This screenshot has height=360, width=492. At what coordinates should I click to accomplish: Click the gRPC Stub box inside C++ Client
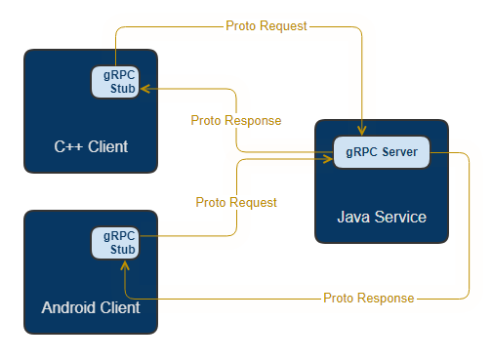(x=114, y=83)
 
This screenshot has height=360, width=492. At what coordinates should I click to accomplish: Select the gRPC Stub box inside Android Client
(x=114, y=243)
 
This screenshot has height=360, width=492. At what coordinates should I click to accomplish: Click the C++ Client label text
(x=91, y=147)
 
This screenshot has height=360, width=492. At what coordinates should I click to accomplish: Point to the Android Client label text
(x=91, y=307)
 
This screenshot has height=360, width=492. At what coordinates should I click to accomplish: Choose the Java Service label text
(x=382, y=217)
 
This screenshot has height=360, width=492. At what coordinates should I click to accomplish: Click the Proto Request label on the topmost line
(x=266, y=26)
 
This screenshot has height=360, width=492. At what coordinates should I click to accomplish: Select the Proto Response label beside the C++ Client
(x=235, y=121)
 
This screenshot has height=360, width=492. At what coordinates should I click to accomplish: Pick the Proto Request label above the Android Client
(x=236, y=202)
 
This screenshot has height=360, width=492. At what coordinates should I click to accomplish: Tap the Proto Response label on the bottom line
(x=368, y=298)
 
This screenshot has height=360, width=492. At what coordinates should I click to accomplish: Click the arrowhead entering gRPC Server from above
(x=363, y=132)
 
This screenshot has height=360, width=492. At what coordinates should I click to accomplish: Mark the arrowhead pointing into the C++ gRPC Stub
(x=143, y=89)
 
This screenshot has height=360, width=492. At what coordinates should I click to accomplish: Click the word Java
(x=352, y=217)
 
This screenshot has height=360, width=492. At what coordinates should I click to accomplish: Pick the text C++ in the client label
(x=67, y=147)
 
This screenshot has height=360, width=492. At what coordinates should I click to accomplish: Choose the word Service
(x=399, y=217)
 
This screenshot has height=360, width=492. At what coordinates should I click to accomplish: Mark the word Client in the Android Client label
(x=122, y=307)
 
